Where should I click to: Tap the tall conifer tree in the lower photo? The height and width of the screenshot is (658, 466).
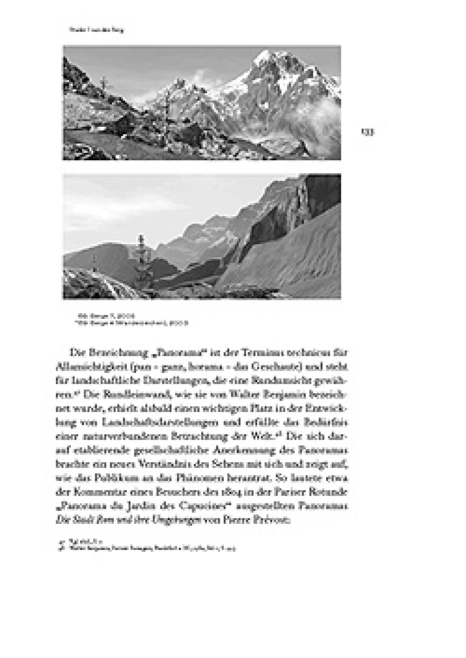[x=140, y=261]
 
